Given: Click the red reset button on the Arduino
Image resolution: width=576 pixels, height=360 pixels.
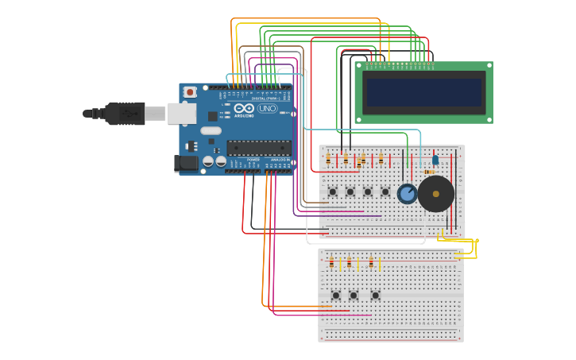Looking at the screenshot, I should (190, 92).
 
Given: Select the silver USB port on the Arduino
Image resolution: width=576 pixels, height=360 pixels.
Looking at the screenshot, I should (182, 114).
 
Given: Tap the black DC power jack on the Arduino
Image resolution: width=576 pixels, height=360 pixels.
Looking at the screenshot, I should (185, 163).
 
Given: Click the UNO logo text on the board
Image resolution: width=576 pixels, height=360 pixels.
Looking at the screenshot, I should (267, 108).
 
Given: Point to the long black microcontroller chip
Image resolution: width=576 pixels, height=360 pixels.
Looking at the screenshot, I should (258, 147).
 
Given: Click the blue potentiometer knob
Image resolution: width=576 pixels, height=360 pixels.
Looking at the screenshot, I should (408, 193).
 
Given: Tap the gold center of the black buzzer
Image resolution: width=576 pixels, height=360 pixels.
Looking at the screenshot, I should (435, 194).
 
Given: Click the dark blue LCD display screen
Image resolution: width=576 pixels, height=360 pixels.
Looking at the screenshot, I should (423, 92).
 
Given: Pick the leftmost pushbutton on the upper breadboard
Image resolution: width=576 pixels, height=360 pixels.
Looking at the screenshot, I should (332, 192).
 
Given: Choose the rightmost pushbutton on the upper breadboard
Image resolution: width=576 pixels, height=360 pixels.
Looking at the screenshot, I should (385, 192).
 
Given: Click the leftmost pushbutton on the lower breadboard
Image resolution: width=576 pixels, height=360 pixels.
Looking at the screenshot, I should (335, 295).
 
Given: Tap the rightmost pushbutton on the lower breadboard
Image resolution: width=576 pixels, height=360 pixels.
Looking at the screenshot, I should (376, 295).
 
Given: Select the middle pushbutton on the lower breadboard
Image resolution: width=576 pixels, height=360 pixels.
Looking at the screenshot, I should (354, 295).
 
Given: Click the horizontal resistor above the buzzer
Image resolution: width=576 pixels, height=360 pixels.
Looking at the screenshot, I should (430, 172).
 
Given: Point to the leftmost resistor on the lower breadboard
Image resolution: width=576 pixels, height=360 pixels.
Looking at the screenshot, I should (331, 262).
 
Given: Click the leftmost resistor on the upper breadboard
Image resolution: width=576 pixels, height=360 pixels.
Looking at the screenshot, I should (328, 160).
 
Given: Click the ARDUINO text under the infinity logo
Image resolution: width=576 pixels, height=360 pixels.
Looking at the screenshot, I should (244, 116).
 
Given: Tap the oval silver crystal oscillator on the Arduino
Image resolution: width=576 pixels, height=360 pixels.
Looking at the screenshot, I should (211, 130).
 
